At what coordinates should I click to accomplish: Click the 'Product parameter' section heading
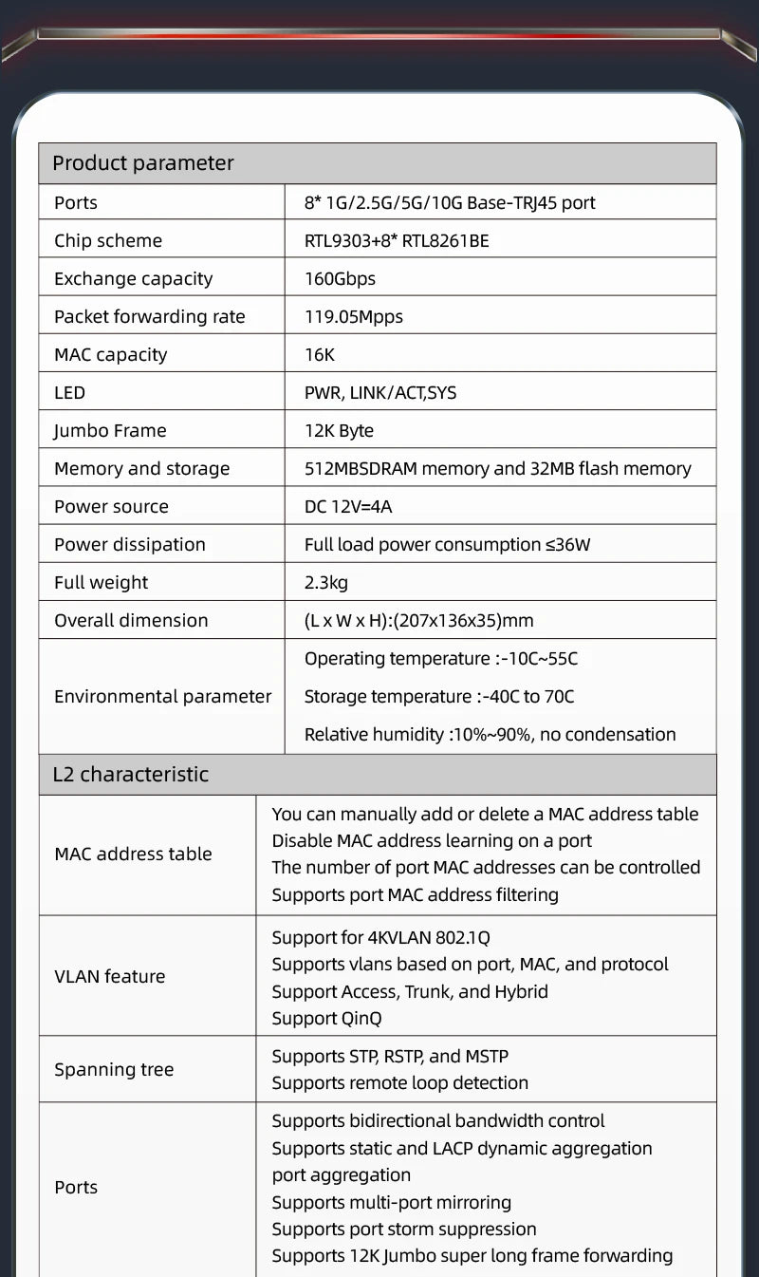tap(142, 163)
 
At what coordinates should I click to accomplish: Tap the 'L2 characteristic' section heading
tap(130, 774)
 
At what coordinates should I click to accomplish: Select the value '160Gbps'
tap(340, 278)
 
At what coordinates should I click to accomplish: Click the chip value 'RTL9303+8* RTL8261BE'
tap(397, 240)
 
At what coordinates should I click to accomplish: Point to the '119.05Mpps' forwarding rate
tap(353, 316)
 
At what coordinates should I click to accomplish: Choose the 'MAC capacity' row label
tap(110, 354)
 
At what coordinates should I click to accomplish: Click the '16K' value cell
tap(320, 354)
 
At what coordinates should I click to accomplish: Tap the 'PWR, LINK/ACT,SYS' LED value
tap(379, 392)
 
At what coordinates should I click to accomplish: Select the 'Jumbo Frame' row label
tap(110, 430)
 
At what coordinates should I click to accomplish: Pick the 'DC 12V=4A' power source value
tap(347, 506)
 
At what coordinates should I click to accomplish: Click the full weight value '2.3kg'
tap(326, 582)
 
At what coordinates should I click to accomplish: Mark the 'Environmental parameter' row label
tap(162, 696)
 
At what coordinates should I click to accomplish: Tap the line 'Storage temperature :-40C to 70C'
tap(438, 696)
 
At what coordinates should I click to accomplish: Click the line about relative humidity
tap(490, 734)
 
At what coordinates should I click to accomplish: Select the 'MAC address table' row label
tap(133, 854)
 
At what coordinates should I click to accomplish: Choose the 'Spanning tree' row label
tap(114, 1069)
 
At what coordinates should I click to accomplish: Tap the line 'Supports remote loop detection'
tap(399, 1082)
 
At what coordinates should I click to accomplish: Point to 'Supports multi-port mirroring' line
tap(391, 1202)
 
